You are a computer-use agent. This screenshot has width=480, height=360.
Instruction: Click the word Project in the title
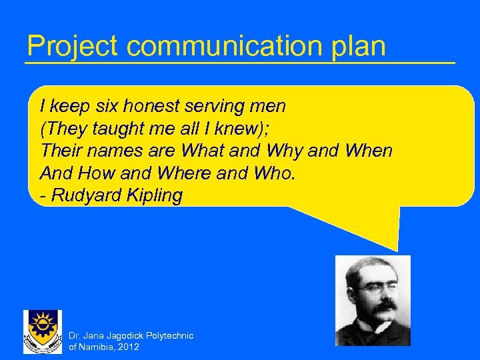[72, 47]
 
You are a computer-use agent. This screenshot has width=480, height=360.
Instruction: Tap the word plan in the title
[362, 47]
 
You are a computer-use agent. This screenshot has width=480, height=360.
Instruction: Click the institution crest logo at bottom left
[43, 331]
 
